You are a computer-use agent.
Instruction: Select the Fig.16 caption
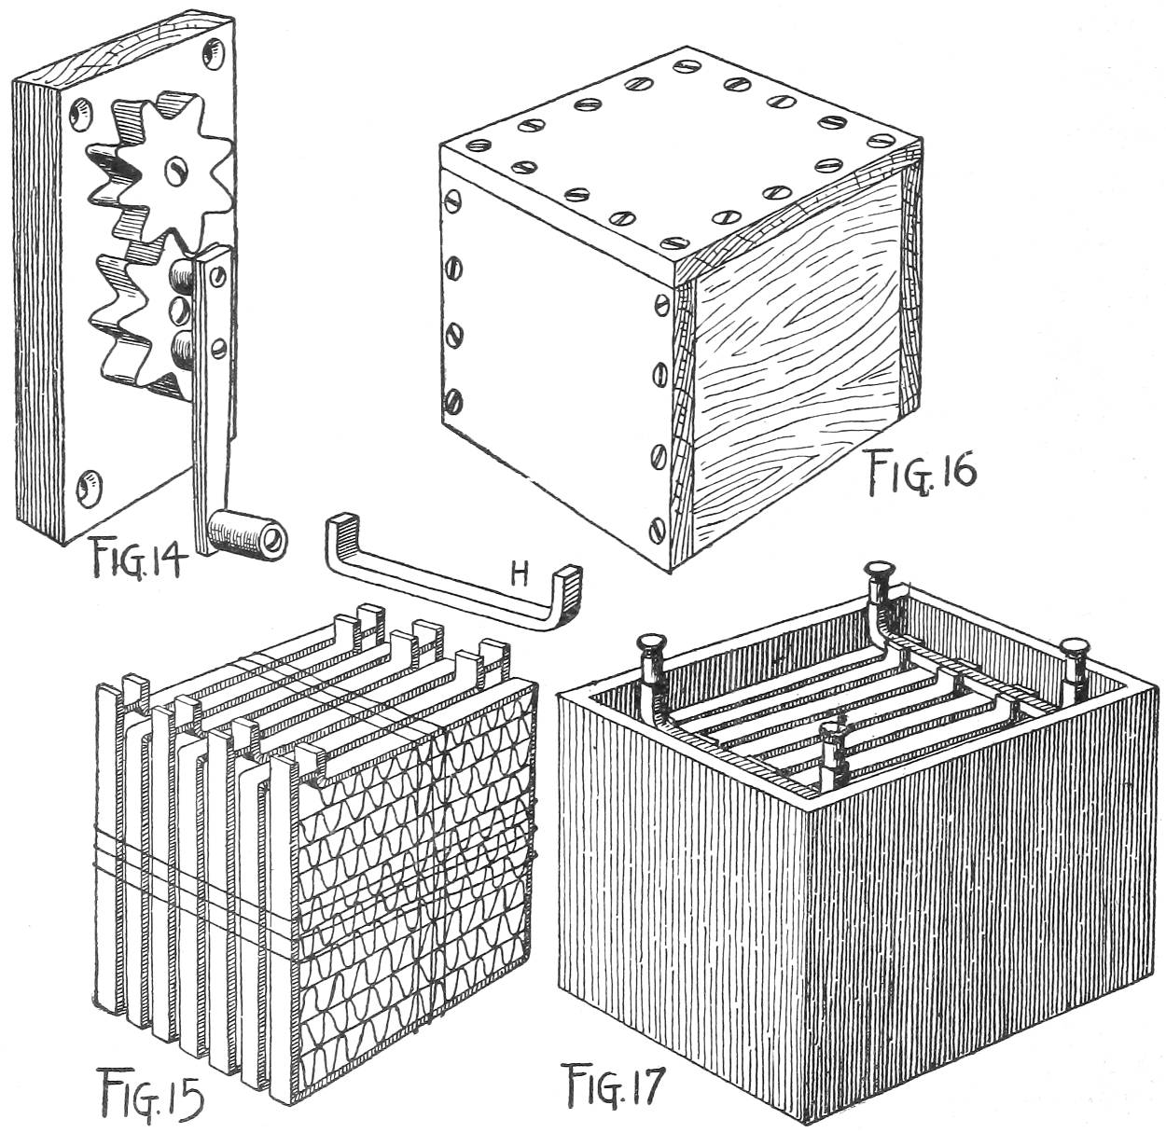point(920,470)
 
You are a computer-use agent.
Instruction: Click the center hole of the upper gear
point(174,168)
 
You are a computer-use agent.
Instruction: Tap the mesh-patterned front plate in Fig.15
point(420,886)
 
